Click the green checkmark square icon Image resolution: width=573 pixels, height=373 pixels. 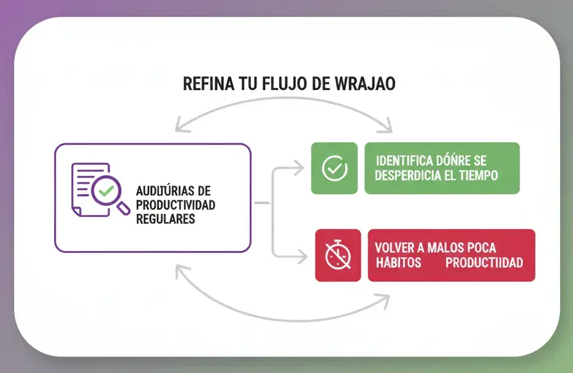coord(334,168)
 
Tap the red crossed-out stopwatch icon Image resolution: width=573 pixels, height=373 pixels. coord(337,255)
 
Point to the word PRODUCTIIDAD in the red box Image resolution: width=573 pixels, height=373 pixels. coord(484,263)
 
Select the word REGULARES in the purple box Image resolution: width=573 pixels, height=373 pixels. coord(165,218)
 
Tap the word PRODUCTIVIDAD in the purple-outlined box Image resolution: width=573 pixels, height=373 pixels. coord(175,204)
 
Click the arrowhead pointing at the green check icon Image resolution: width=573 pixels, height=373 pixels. coord(299,166)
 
